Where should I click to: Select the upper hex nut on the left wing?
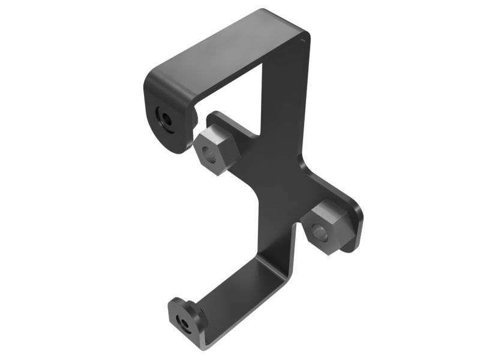217,151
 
